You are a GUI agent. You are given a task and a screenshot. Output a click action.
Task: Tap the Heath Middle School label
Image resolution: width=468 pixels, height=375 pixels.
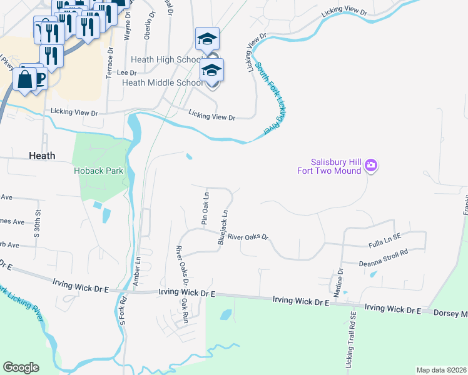(x=161, y=82)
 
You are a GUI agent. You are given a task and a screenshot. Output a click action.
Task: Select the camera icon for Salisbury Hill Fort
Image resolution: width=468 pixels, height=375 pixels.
(x=371, y=166)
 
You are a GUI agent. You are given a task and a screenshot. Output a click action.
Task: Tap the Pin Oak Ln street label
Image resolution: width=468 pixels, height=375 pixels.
(x=204, y=209)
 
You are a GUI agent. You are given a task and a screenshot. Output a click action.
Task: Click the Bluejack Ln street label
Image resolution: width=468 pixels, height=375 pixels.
(x=221, y=227)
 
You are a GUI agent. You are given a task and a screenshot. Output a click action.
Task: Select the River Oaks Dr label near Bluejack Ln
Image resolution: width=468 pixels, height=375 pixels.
(x=247, y=237)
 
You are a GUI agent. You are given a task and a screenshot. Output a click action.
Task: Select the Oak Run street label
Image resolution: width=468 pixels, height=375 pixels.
(x=185, y=310)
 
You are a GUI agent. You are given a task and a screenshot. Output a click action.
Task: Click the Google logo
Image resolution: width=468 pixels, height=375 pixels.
(x=21, y=367)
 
